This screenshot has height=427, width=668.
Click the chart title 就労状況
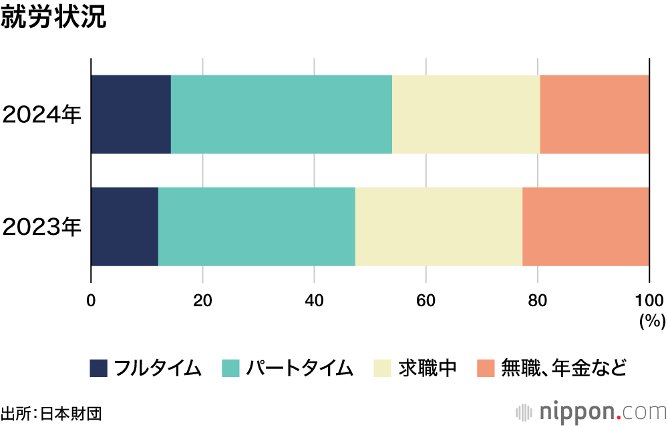53,17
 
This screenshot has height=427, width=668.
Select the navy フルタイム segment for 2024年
131,114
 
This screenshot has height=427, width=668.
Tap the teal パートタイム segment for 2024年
282,114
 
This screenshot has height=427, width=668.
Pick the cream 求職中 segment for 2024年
466,114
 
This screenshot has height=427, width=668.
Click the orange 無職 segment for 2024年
595,114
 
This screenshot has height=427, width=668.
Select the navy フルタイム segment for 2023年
125,227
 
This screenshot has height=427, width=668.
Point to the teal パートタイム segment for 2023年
257,227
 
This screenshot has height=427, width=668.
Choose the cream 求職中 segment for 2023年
439,227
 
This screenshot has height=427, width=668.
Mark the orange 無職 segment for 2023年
586,227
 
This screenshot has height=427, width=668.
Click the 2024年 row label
41,115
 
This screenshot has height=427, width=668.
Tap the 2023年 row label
41,227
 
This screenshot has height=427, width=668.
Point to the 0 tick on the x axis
91,301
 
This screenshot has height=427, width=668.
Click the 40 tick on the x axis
314,301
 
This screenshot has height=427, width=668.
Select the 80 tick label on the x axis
537,301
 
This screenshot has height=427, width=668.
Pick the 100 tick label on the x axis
649,301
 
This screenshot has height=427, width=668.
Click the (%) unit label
652,321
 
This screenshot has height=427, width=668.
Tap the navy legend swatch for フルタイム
98,368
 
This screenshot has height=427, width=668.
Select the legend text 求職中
428,368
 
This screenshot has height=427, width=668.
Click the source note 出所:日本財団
51,414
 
